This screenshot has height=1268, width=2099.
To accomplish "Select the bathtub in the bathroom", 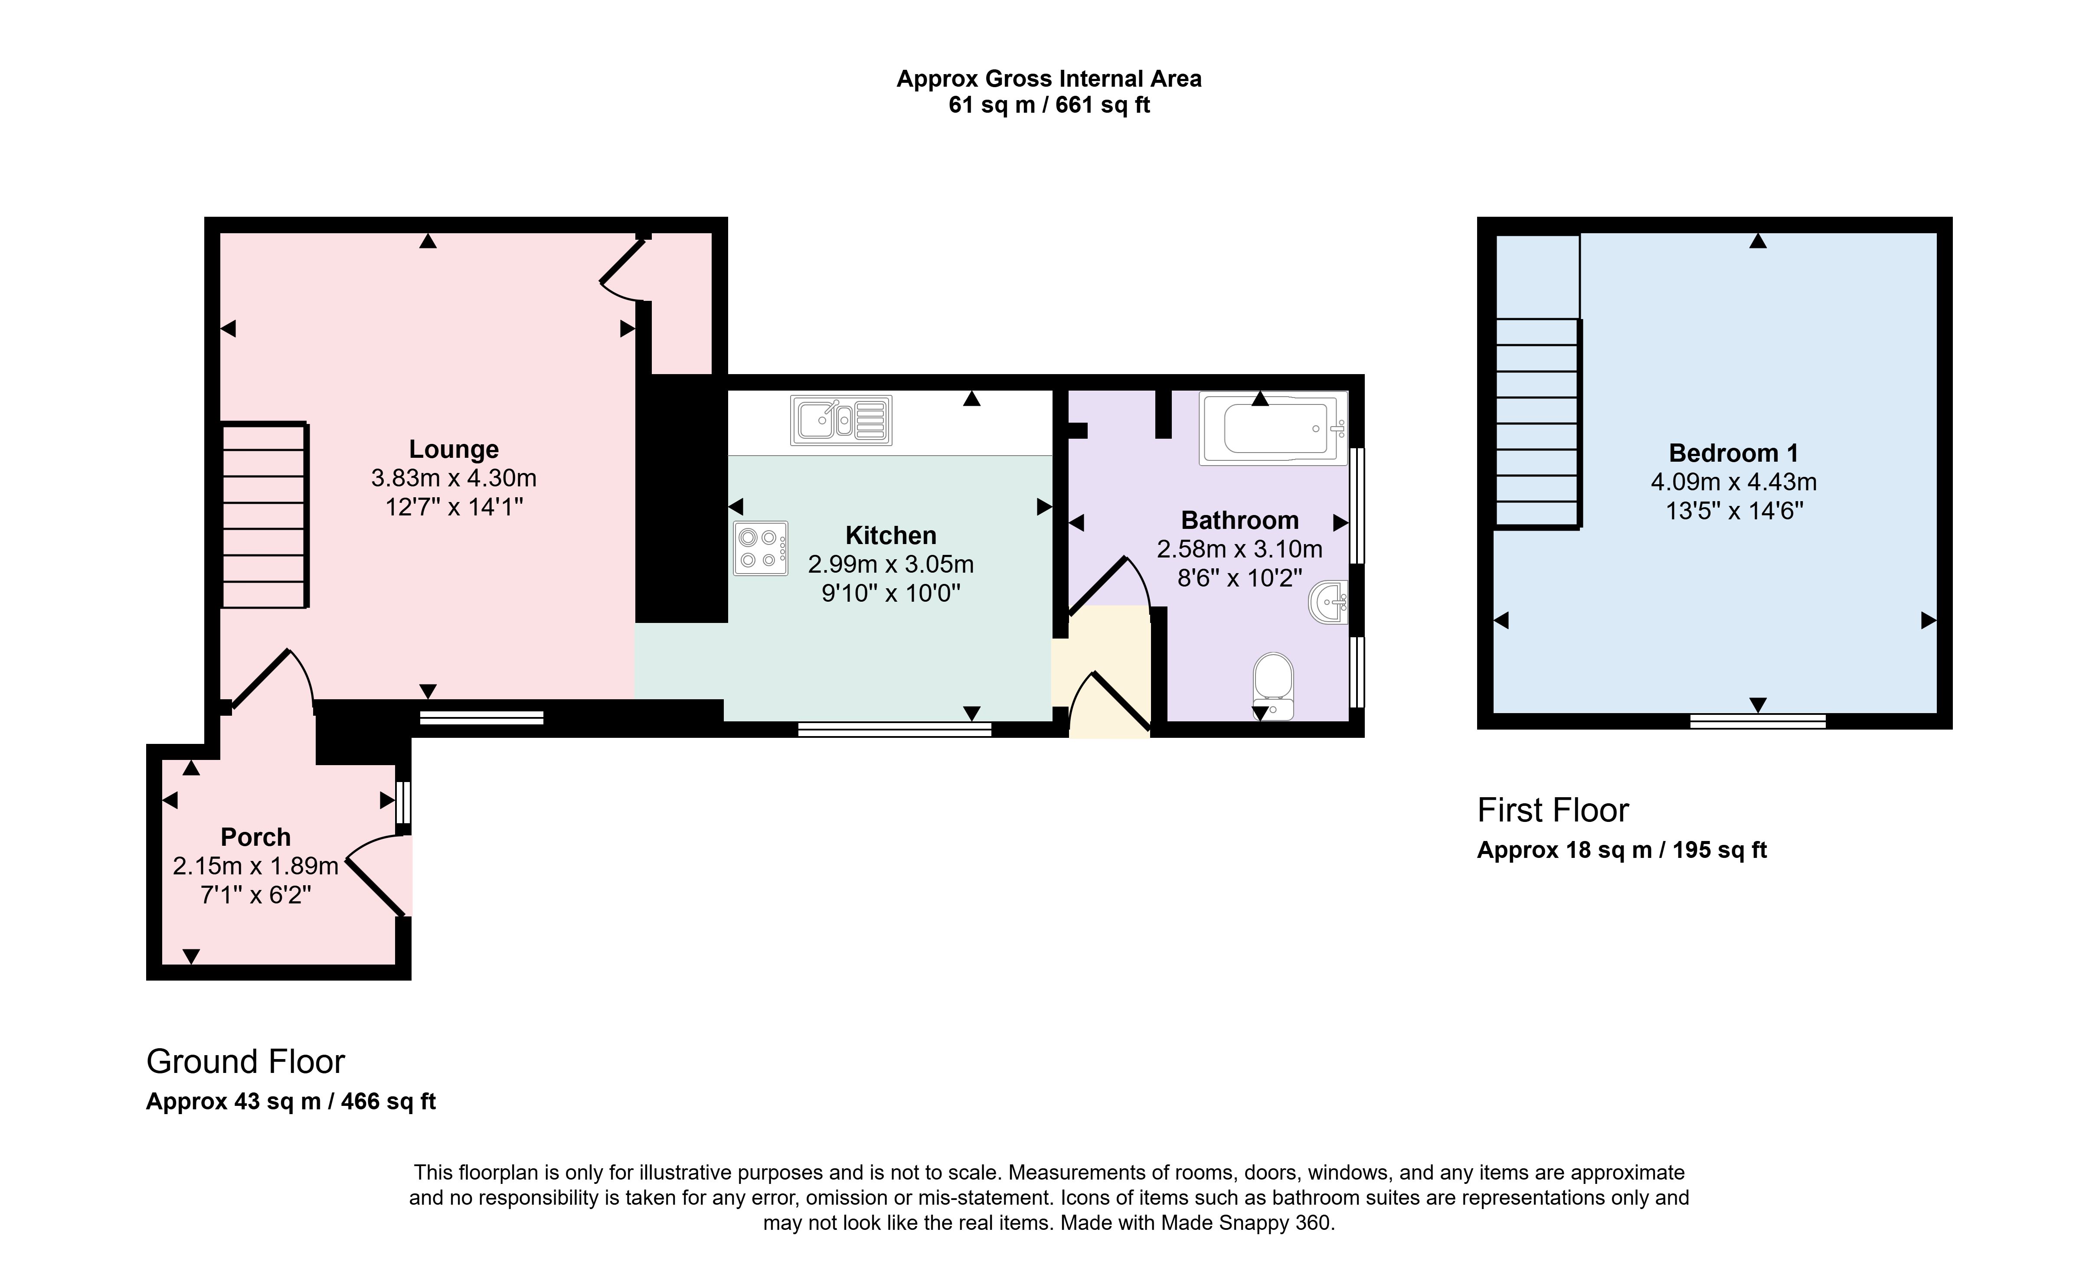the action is tap(1273, 428).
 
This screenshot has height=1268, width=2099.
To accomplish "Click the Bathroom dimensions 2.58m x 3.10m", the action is tap(1239, 549).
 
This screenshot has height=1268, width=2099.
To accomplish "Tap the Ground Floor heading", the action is tap(245, 1062).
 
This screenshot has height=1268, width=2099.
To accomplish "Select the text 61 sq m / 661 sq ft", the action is tap(1049, 105).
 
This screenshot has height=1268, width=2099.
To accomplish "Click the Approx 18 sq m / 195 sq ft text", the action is tap(1622, 850).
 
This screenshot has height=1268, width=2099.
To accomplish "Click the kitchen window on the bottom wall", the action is tap(894, 729).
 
